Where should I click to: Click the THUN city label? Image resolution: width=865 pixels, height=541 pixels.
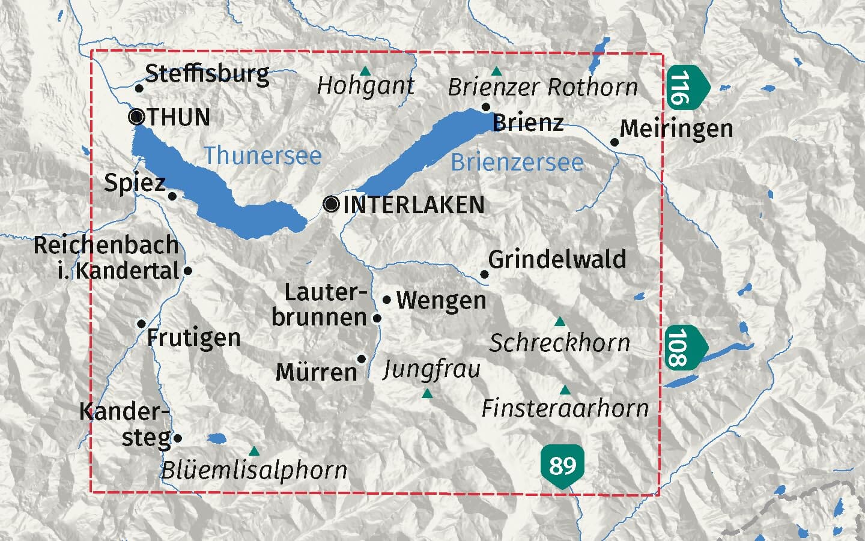(x=178, y=117)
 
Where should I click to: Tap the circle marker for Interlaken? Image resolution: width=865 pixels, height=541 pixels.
(x=331, y=204)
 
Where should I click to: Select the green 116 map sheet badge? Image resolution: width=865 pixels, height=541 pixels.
(x=684, y=88)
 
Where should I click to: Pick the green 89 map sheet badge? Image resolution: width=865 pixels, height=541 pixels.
(x=562, y=465)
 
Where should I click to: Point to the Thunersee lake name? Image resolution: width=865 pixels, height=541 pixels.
(x=263, y=156)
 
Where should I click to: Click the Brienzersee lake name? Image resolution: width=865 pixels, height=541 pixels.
(x=517, y=162)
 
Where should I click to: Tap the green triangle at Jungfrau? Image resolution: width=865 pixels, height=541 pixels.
(x=427, y=394)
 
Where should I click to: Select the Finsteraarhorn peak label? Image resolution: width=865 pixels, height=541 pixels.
(x=565, y=409)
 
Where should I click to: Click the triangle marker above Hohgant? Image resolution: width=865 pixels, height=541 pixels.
(x=365, y=71)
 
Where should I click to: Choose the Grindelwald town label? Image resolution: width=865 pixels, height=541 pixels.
(x=557, y=259)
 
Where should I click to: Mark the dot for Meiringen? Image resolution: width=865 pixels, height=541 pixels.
(x=615, y=142)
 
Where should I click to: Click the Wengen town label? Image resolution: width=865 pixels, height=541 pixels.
(x=441, y=300)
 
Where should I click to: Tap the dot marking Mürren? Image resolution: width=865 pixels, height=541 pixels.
(x=362, y=359)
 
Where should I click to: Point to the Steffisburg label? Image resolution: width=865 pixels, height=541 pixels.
(x=207, y=74)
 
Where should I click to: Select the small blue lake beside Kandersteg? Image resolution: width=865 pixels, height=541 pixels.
(x=217, y=438)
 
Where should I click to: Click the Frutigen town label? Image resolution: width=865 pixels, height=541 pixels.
(x=193, y=338)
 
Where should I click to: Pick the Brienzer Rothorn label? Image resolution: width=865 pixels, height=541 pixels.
(x=542, y=88)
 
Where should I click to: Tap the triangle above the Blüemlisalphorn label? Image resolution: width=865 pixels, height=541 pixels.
(x=254, y=451)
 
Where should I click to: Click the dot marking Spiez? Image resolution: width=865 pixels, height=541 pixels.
(x=172, y=196)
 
